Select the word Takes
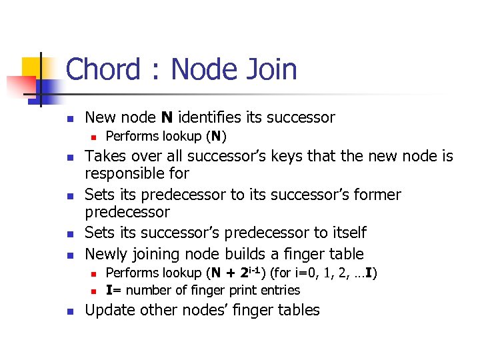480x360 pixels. (x=105, y=157)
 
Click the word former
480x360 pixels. (x=377, y=195)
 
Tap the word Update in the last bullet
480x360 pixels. (x=109, y=310)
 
